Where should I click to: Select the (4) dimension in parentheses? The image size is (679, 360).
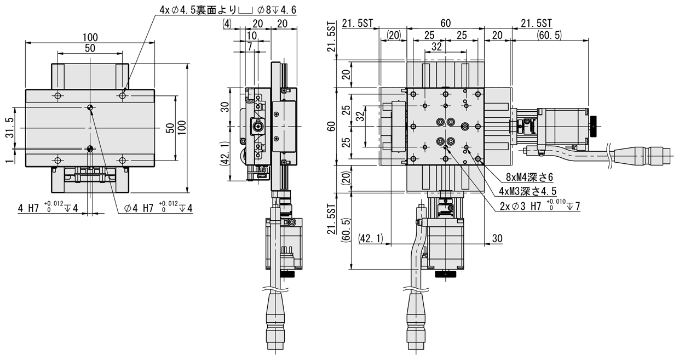point(228,24)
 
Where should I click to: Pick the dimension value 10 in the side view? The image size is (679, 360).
point(251,35)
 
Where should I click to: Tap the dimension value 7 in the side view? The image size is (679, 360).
point(250,47)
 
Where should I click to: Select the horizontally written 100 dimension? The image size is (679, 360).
point(90,37)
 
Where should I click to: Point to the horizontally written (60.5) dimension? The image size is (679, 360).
point(550,35)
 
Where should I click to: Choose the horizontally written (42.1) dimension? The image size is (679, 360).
point(374,238)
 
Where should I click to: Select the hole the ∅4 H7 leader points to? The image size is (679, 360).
point(90,148)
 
